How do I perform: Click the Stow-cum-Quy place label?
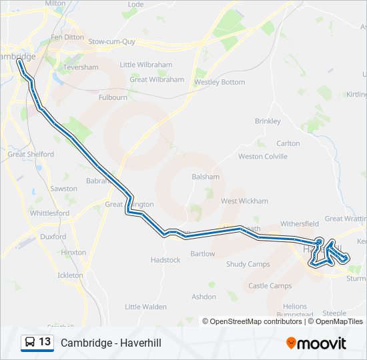coord(111,41)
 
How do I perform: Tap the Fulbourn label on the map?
coord(112,97)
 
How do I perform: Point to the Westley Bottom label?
coord(220,83)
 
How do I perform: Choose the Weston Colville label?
coord(263,157)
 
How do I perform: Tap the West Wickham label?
coord(244,201)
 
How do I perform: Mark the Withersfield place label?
coord(300,224)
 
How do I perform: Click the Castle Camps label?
coord(270,286)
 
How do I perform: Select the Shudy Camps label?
coord(248,264)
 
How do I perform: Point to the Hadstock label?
coord(165,260)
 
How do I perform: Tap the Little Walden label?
coord(145,307)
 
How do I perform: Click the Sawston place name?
coord(63,189)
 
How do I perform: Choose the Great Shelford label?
coord(31,154)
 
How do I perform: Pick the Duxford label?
coord(53,237)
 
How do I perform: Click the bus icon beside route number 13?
coord(30,343)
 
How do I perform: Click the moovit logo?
coord(316,343)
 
